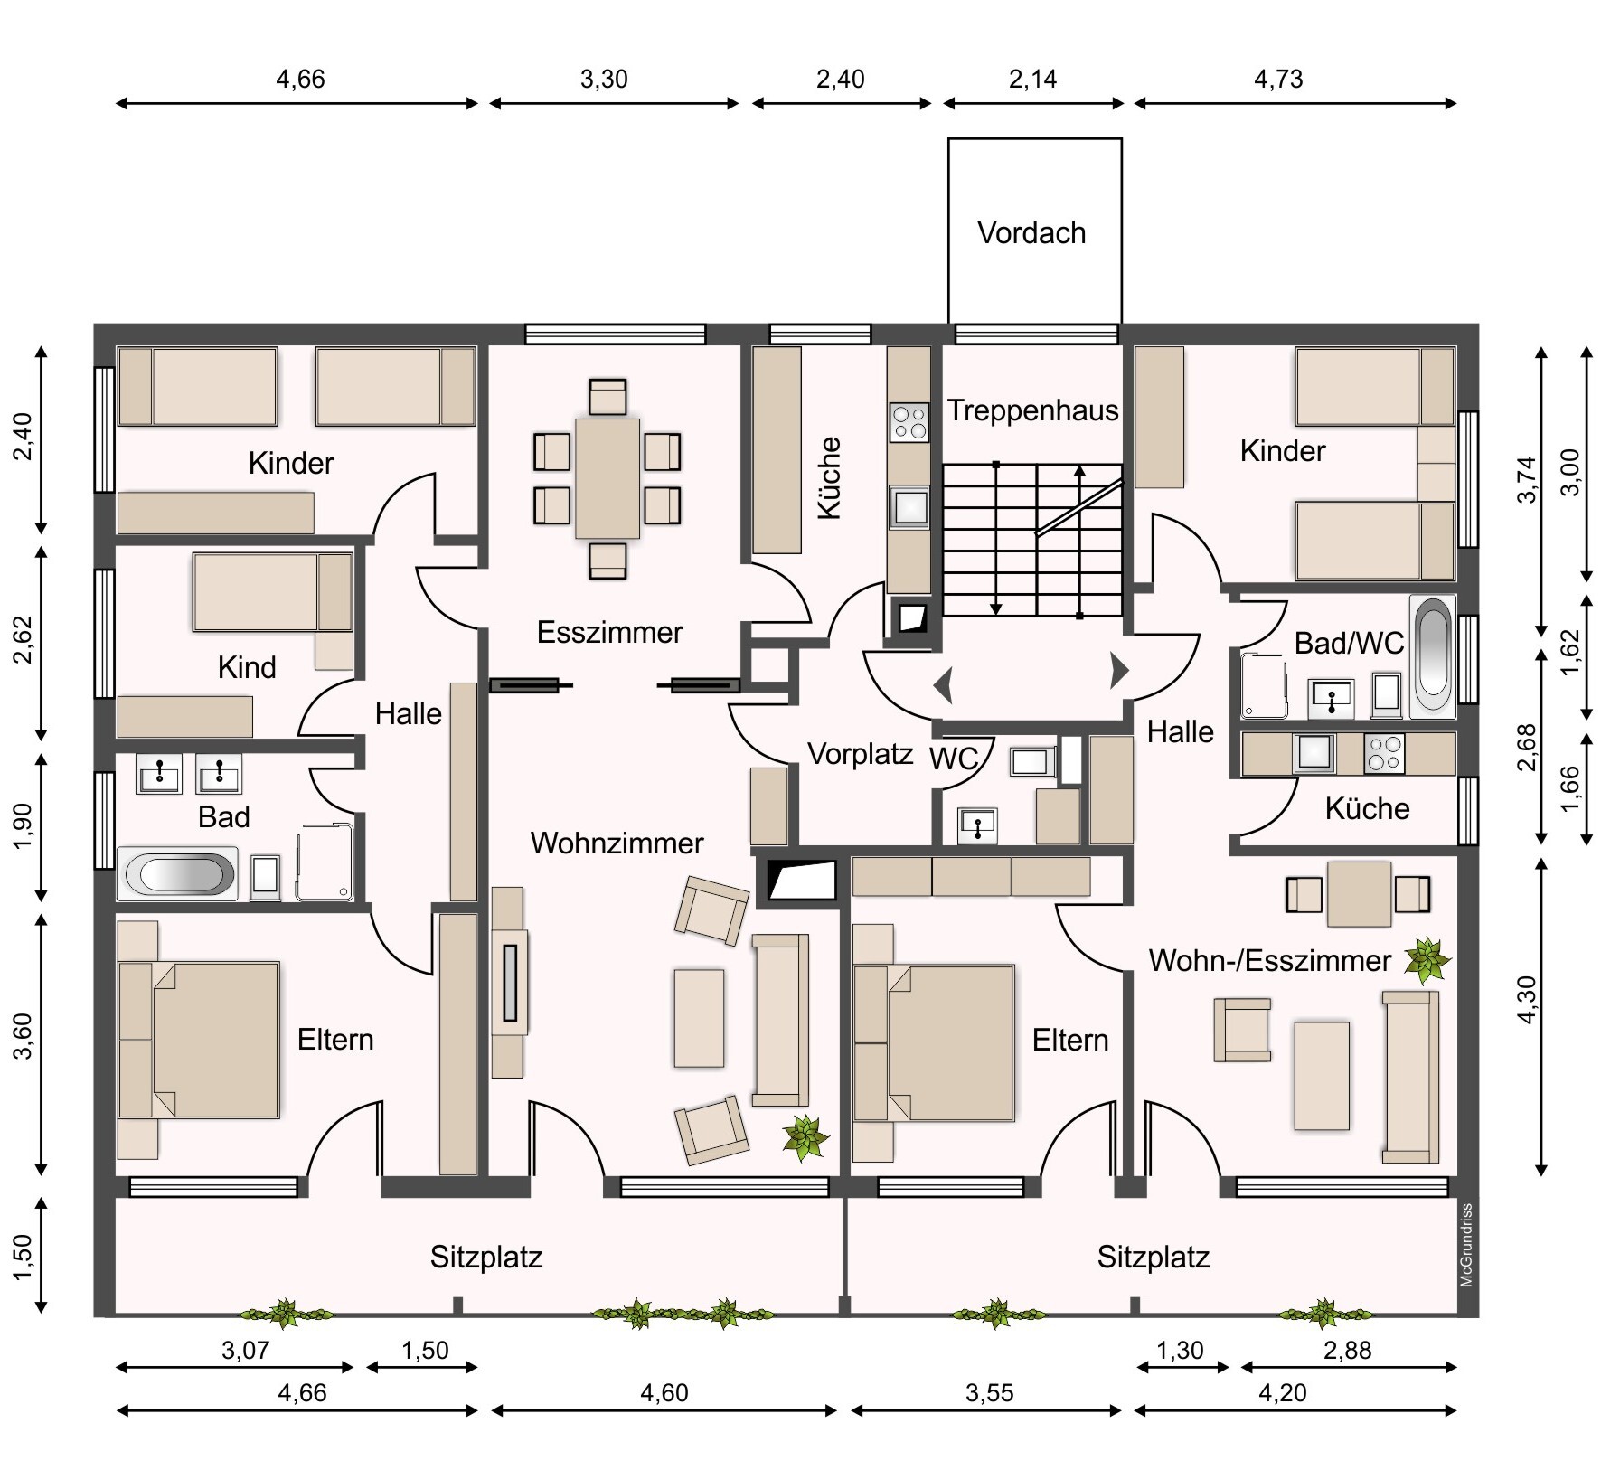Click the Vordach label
(1031, 233)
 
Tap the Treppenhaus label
(1032, 410)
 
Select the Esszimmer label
(609, 632)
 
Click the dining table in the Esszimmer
(607, 478)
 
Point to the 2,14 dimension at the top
(1032, 80)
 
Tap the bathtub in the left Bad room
(176, 874)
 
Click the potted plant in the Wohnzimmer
(805, 1136)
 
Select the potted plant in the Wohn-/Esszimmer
(1427, 960)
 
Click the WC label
(955, 759)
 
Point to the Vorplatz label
(861, 754)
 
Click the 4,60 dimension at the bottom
(664, 1393)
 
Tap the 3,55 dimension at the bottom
(989, 1393)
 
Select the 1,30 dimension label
(1180, 1351)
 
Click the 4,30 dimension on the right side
(1528, 1000)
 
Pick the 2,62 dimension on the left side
(23, 639)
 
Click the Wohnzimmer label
(617, 843)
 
